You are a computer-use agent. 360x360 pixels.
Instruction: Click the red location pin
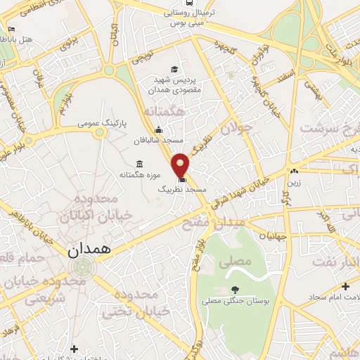(x=181, y=165)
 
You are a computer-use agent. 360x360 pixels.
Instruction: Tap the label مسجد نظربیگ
(x=181, y=191)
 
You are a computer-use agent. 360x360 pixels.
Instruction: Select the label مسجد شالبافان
(x=159, y=141)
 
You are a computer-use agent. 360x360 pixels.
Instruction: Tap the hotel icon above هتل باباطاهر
(x=11, y=30)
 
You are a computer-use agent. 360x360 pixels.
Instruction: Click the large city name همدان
(x=84, y=250)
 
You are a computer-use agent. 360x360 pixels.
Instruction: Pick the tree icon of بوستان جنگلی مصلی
(x=234, y=289)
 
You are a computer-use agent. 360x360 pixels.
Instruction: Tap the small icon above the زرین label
(x=294, y=171)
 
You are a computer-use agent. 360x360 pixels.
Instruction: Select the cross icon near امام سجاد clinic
(x=345, y=286)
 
